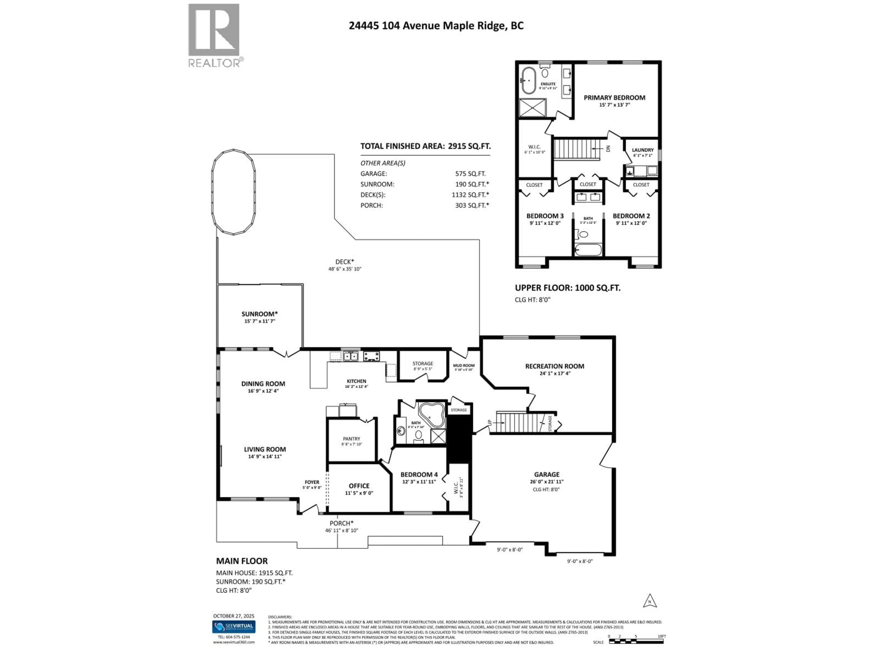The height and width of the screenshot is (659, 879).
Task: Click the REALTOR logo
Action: click(x=214, y=35)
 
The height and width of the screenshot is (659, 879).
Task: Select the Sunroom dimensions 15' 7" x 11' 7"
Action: click(x=260, y=321)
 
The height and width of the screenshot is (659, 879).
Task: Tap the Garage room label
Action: click(x=546, y=474)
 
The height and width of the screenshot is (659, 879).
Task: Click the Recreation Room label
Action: click(x=554, y=366)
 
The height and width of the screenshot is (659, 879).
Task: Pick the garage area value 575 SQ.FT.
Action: click(x=470, y=174)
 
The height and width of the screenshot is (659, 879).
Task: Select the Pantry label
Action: click(x=351, y=439)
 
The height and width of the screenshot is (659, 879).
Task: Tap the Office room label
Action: click(x=359, y=486)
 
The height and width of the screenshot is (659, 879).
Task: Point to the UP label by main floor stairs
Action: click(x=490, y=423)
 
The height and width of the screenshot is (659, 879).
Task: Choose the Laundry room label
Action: click(x=643, y=150)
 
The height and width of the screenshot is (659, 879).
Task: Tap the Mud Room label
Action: click(x=463, y=365)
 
